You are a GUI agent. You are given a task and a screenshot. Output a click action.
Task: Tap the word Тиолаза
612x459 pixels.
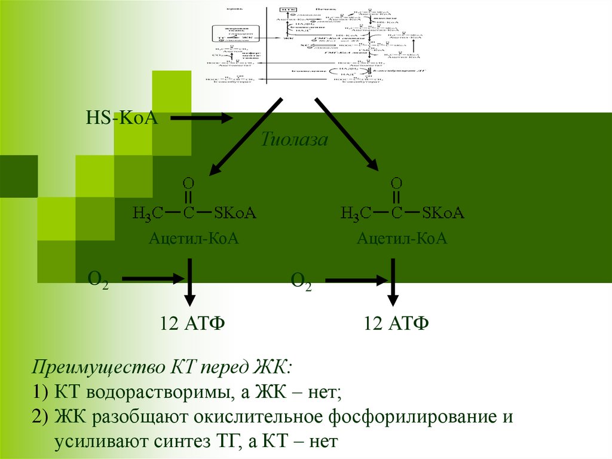pos(295,140)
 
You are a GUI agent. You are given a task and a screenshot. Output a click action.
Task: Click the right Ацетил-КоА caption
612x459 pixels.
pos(402,239)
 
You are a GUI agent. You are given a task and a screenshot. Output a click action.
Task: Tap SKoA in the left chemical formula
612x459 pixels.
pos(235,212)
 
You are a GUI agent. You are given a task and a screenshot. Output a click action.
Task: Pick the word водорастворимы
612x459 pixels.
pos(145,393)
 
